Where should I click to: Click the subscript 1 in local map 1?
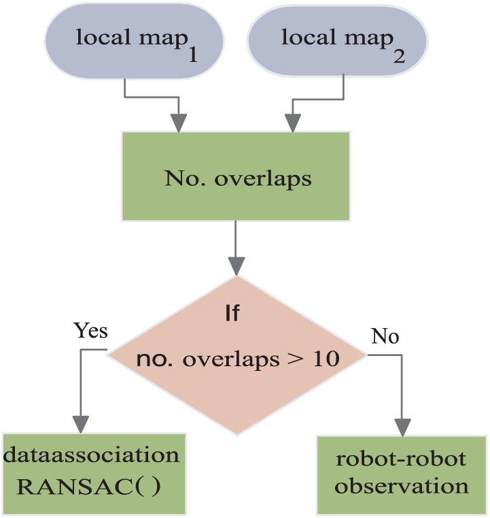pos(193,55)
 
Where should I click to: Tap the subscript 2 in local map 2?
pos(400,56)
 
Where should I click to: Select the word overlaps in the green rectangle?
pos(263,180)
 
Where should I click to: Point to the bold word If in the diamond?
pos(232,313)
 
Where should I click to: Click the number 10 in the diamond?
pos(326,359)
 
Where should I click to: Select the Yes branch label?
pos(90,330)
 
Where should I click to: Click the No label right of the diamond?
pos(385,336)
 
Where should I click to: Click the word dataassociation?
pos(91,455)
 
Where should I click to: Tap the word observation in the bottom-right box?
pos(401,486)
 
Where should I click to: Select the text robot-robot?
pos(401,459)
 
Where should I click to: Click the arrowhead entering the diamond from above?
pos(237,266)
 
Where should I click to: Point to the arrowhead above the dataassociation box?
pos(81,424)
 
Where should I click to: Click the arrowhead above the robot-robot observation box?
pos(402,427)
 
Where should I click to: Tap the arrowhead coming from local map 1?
pos(179,123)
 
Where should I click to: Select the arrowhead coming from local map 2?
pos(293,123)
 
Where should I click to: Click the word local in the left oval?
pos(103,37)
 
